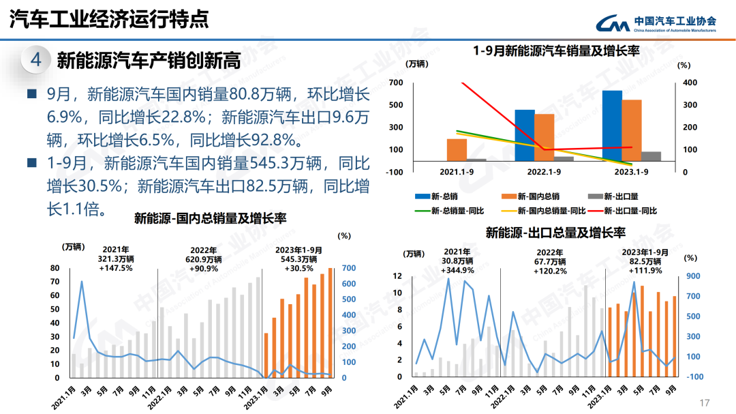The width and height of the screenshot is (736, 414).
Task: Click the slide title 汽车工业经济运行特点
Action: pyautogui.click(x=109, y=19)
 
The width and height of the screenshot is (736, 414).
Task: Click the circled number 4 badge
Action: pyautogui.click(x=36, y=60)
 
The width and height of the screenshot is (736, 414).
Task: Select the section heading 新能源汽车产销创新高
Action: pyautogui.click(x=149, y=61)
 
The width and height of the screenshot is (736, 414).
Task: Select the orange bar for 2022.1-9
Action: pyautogui.click(x=544, y=137)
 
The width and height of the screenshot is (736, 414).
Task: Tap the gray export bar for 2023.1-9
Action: pyautogui.click(x=651, y=156)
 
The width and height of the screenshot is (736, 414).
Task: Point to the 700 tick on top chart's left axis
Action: pyautogui.click(x=395, y=83)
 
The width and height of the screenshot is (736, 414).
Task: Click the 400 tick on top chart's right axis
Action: pyautogui.click(x=690, y=83)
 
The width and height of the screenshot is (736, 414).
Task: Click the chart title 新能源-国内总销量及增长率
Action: pyautogui.click(x=210, y=218)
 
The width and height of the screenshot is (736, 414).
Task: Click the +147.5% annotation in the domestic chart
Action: pyautogui.click(x=115, y=268)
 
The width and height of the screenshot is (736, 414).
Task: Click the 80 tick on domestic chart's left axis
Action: pyautogui.click(x=55, y=268)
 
